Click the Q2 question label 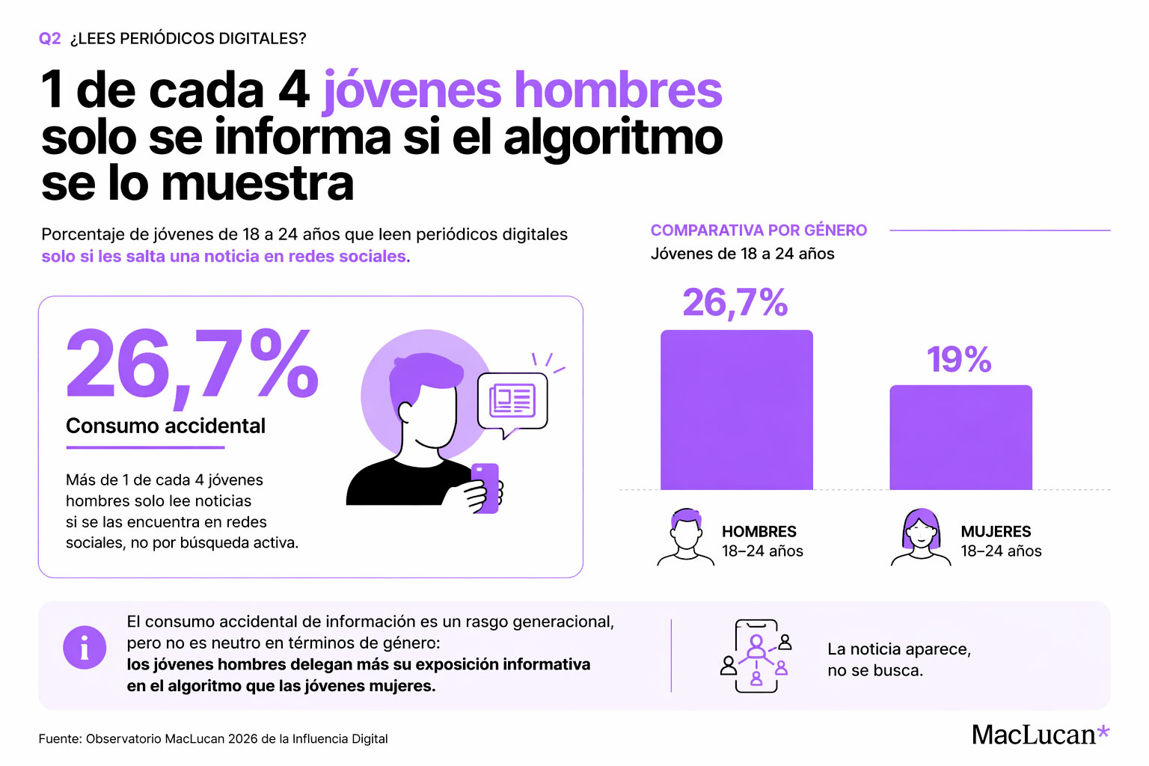pyautogui.click(x=49, y=39)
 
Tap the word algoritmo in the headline pyautogui.click(x=613, y=138)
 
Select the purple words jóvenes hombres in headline pyautogui.click(x=522, y=91)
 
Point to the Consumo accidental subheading pyautogui.click(x=165, y=426)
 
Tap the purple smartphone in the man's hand pyautogui.click(x=485, y=487)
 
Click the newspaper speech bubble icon pyautogui.click(x=512, y=402)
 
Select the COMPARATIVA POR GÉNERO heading pyautogui.click(x=759, y=230)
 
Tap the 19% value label pyautogui.click(x=959, y=360)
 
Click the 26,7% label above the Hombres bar pyautogui.click(x=735, y=303)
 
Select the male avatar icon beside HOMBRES pyautogui.click(x=685, y=536)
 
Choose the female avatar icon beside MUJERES pyautogui.click(x=921, y=537)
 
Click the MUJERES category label pyautogui.click(x=996, y=532)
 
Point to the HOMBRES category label pyautogui.click(x=759, y=532)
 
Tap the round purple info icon pyautogui.click(x=85, y=647)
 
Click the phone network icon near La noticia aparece pyautogui.click(x=756, y=656)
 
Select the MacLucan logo pyautogui.click(x=1040, y=735)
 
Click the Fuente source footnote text pyautogui.click(x=213, y=739)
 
